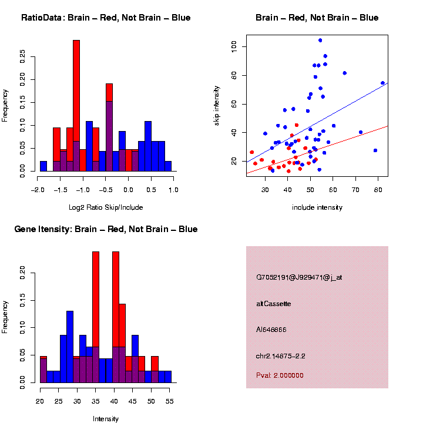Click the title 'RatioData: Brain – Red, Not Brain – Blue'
point(106,18)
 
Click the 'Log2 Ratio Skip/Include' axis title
point(106,207)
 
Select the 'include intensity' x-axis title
point(317,207)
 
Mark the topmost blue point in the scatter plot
point(320,41)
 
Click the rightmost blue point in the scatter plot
point(382,83)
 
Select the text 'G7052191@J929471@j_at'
point(299,277)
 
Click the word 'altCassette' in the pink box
point(274,304)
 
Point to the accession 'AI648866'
point(271,330)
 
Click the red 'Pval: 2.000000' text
point(280,375)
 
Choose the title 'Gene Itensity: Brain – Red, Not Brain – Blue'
point(106,229)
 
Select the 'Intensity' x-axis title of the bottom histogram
point(106,419)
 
